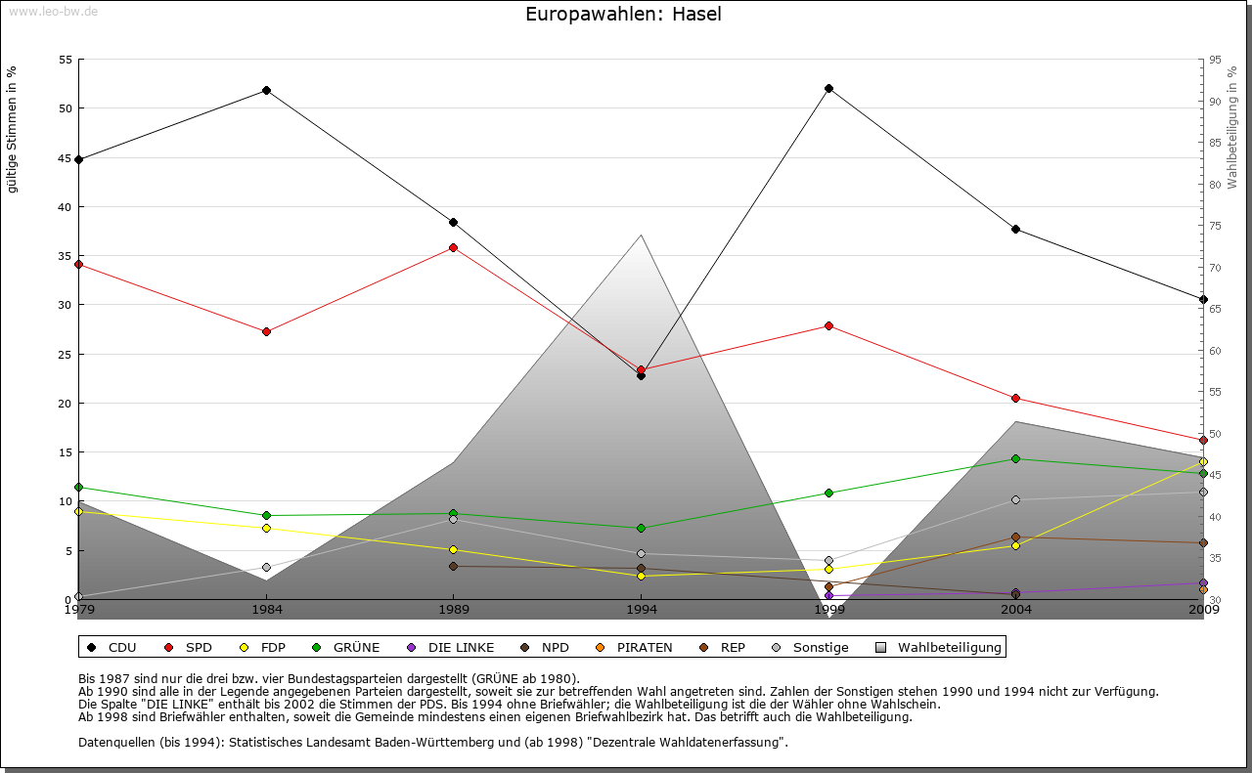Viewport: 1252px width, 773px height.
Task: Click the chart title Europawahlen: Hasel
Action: [x=623, y=15]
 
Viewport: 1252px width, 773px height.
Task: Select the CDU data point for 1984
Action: [x=266, y=90]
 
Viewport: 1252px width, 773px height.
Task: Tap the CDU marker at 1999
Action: [x=828, y=88]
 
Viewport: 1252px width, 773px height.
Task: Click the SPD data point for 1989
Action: [x=453, y=247]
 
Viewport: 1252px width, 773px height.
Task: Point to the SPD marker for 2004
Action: [x=1015, y=398]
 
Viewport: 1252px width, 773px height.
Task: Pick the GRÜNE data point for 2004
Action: [x=1015, y=458]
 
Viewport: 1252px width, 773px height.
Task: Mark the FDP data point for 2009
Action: [x=1203, y=462]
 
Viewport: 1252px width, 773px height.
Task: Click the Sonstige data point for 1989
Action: [x=453, y=519]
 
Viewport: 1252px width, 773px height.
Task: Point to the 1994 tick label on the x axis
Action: [x=642, y=610]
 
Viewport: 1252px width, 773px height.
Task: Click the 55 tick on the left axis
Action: [x=66, y=60]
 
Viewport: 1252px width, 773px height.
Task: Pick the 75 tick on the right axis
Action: [x=1214, y=226]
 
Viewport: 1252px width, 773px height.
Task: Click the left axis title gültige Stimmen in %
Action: [x=13, y=129]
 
